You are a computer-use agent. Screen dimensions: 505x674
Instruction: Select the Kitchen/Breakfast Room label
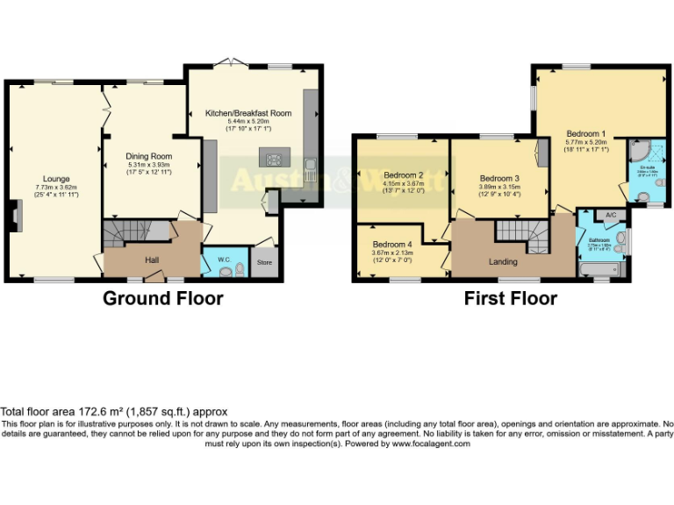[x=248, y=114]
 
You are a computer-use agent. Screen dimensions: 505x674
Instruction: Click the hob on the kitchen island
[x=271, y=159]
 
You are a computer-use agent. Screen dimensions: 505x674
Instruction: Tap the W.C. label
[x=224, y=259]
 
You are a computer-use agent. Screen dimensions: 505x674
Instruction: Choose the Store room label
[x=264, y=261]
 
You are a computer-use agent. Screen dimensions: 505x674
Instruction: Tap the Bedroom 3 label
[x=499, y=178]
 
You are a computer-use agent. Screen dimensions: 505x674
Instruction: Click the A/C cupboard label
[x=609, y=215]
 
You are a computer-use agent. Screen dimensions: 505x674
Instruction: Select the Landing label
[x=503, y=261]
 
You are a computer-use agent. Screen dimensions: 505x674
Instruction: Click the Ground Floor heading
[x=163, y=298]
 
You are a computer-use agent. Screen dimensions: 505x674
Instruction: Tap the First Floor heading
[x=511, y=298]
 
